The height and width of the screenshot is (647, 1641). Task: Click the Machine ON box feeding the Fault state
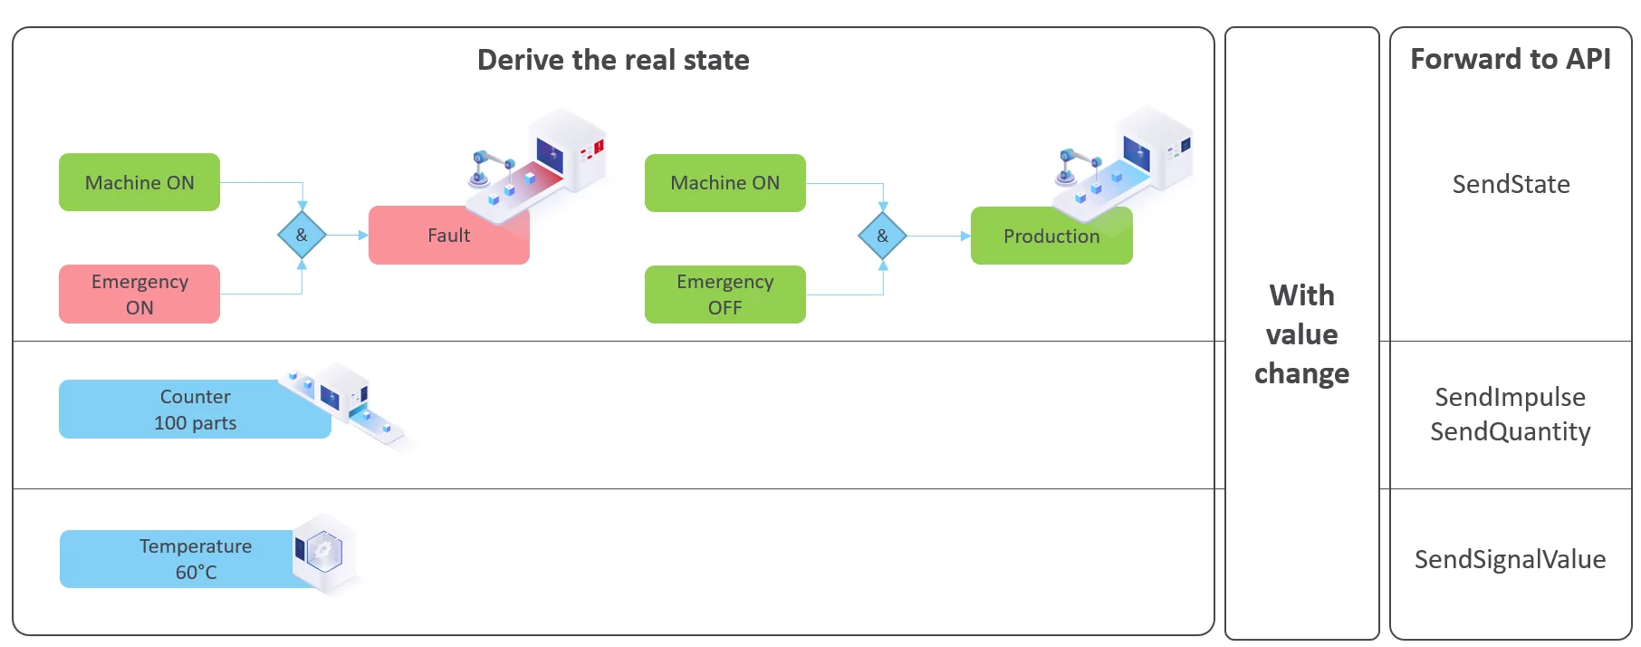tap(139, 182)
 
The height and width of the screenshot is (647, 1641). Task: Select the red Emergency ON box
tap(139, 294)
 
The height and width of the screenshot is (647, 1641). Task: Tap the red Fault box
tap(448, 236)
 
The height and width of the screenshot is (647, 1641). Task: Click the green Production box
tap(1051, 237)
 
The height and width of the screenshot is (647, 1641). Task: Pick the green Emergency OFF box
tap(725, 294)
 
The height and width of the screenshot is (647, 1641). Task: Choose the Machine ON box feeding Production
tap(725, 183)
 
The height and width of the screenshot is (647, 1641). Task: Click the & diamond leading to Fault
tap(302, 235)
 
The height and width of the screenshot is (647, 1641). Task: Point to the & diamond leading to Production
tap(882, 236)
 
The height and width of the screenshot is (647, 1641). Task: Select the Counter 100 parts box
tap(195, 410)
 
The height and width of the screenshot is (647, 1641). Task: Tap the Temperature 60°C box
tap(195, 559)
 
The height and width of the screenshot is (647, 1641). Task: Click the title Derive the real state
tap(613, 60)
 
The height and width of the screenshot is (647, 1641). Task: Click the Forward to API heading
tap(1510, 59)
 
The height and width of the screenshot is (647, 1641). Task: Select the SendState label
tap(1511, 184)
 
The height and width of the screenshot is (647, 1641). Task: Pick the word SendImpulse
tap(1510, 397)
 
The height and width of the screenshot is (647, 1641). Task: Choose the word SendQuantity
tap(1510, 431)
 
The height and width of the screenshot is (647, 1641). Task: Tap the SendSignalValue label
tap(1510, 559)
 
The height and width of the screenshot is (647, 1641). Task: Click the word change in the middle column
tap(1301, 373)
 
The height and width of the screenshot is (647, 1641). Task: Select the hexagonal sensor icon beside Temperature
tap(323, 551)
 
